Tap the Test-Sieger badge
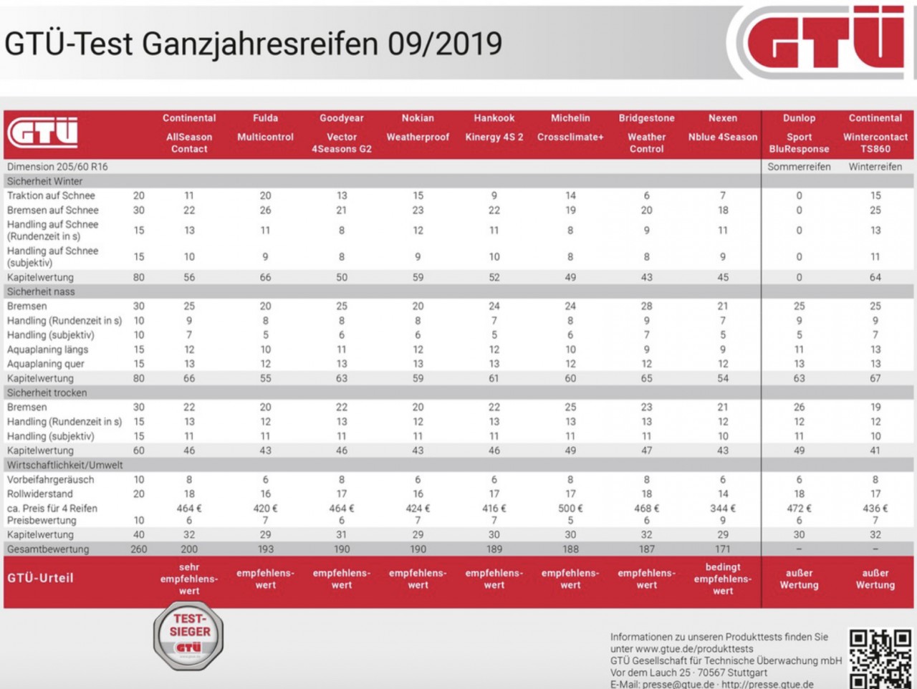188,635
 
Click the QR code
881,658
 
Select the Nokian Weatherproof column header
418,127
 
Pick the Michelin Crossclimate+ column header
570,127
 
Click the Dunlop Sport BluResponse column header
799,133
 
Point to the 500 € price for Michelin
570,509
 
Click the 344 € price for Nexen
723,509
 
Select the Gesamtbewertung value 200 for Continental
189,549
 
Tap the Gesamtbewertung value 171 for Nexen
723,549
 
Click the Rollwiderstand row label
39,494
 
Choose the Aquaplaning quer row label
46,364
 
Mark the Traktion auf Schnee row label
51,196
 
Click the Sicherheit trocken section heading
47,393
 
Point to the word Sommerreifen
799,167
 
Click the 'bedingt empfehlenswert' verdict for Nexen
723,579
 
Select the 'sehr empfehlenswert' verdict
189,579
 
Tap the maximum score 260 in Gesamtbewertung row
139,549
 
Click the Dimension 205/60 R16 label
57,167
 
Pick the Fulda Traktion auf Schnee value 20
265,196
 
